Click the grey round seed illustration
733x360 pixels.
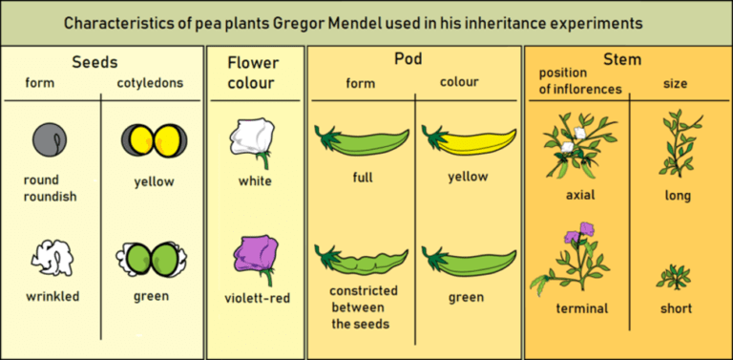tap(49, 138)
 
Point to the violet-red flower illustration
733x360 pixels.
tap(255, 259)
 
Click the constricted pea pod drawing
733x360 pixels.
tap(360, 259)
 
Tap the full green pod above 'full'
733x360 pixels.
tap(360, 141)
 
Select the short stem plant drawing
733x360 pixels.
tap(673, 277)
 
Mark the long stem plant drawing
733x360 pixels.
tap(680, 141)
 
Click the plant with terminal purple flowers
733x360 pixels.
tap(576, 258)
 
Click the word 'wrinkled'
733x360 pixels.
tap(52, 296)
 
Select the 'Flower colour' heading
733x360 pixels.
tap(253, 74)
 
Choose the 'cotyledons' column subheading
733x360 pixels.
tap(150, 83)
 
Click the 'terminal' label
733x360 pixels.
tap(582, 308)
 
